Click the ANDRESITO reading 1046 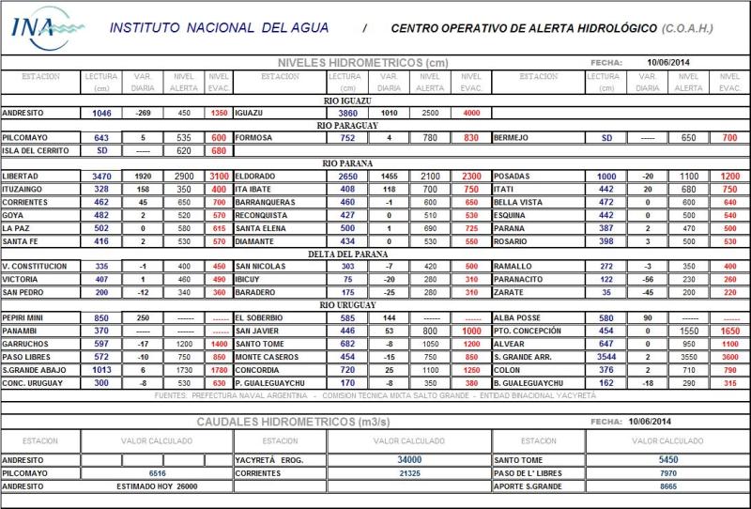tap(101, 113)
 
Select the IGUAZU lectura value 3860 tap(348, 113)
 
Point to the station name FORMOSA tap(254, 137)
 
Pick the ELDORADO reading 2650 tap(348, 177)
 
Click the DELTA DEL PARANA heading tap(348, 254)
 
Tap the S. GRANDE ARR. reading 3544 tap(606, 358)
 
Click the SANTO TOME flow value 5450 tap(667, 460)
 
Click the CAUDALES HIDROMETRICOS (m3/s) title tap(294, 423)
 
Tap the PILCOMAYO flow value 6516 tap(157, 473)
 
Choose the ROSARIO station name tap(511, 241)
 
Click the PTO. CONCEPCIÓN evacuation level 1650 tap(729, 332)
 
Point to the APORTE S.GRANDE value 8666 tap(667, 486)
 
